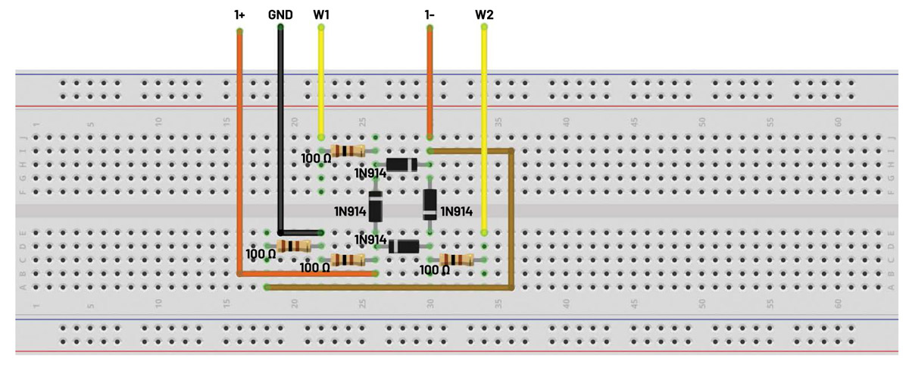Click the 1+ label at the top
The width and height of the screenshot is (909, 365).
[239, 14]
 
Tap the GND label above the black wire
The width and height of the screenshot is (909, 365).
[280, 14]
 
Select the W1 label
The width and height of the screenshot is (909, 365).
[321, 14]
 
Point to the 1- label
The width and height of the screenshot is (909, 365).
[430, 14]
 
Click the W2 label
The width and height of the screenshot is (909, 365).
[484, 14]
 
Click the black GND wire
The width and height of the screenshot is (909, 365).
[280, 129]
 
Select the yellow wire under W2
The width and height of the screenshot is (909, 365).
[484, 129]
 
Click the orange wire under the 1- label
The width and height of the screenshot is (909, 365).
[430, 83]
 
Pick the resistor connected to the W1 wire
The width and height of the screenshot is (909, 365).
[348, 151]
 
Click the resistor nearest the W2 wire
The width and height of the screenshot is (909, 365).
[457, 260]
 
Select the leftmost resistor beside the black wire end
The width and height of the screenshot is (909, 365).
[294, 246]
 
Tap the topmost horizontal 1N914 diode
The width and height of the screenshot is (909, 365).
[401, 165]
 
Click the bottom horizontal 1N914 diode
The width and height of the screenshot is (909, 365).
[404, 246]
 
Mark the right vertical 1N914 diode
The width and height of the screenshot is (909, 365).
[430, 203]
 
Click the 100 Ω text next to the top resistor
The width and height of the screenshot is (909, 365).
[316, 159]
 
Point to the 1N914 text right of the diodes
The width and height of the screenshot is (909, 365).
[456, 211]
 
